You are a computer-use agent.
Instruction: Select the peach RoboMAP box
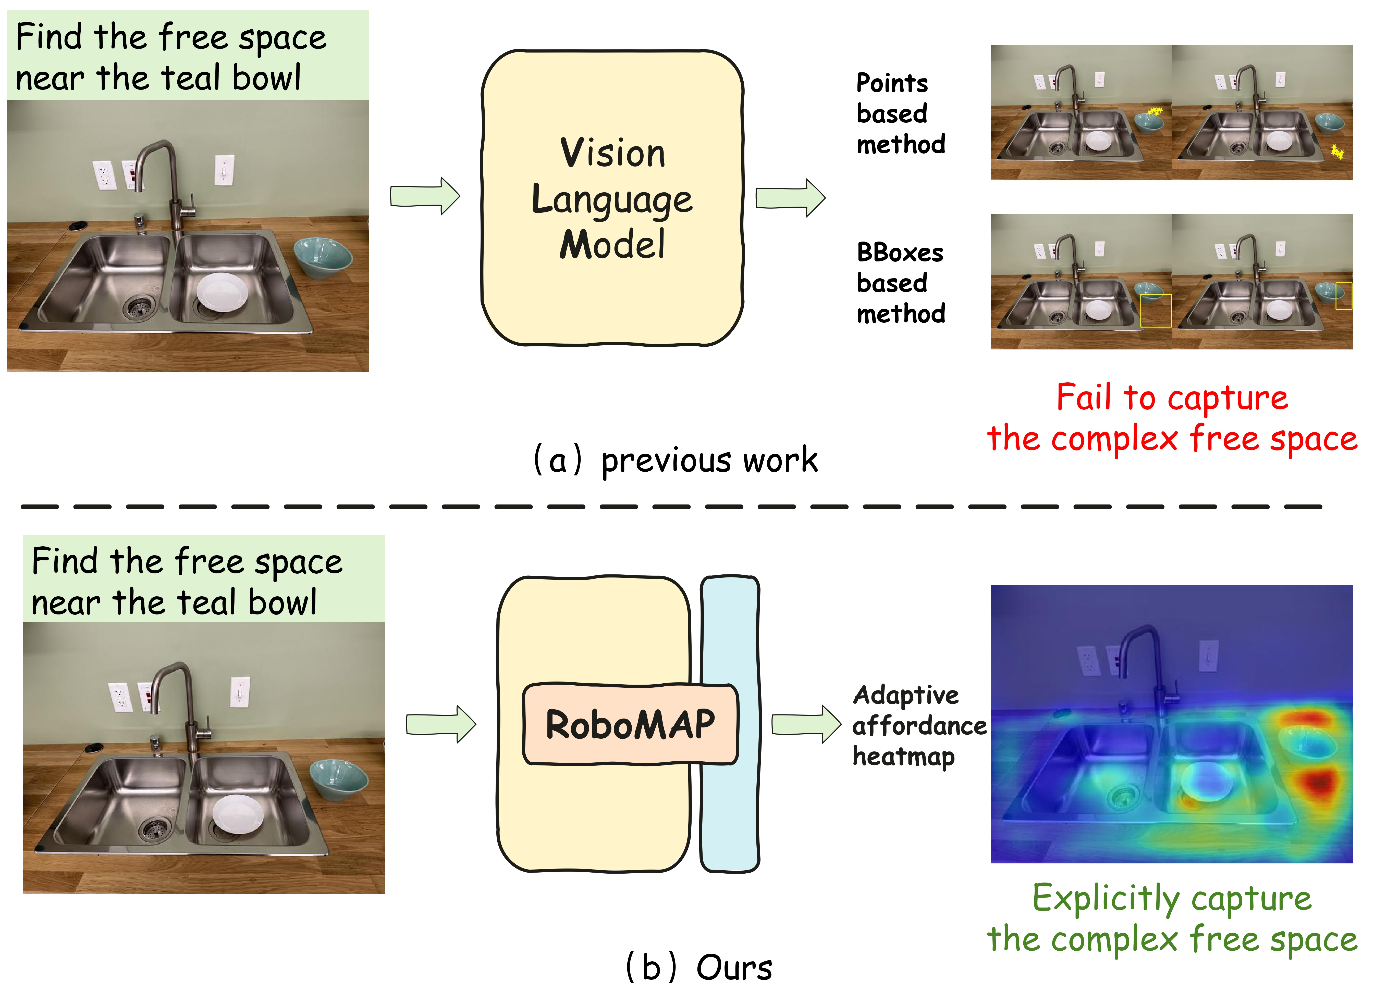(x=631, y=724)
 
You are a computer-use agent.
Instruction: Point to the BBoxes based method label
(x=900, y=283)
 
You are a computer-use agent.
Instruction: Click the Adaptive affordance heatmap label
(x=918, y=725)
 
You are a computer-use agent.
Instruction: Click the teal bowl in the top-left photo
(x=323, y=256)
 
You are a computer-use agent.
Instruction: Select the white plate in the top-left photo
(x=222, y=292)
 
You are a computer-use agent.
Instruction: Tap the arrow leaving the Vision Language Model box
(x=790, y=198)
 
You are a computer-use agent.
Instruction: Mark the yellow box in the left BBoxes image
(x=1156, y=311)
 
